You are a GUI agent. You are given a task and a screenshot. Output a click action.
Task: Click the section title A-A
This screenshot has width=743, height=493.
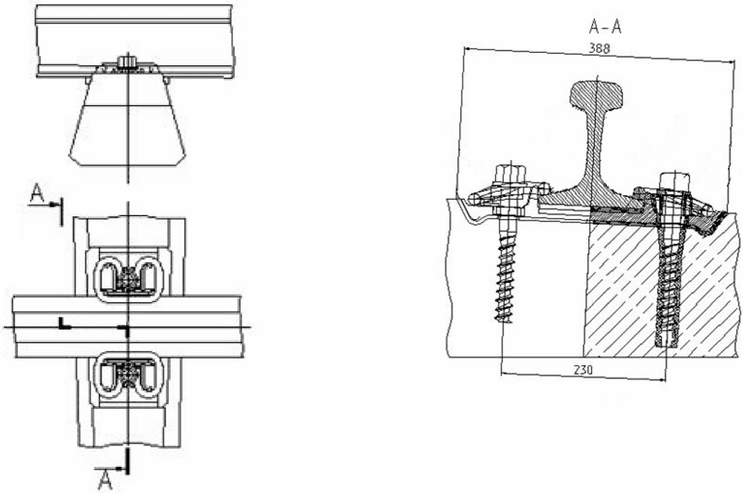[605, 27]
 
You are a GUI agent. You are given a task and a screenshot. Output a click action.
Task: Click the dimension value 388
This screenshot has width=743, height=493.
[599, 48]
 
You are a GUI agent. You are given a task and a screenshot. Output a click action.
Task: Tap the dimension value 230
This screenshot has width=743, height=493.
[583, 370]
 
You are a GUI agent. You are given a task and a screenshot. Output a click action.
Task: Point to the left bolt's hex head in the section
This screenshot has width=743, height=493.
[512, 174]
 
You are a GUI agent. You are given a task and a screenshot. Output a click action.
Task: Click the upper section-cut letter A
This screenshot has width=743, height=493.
[38, 194]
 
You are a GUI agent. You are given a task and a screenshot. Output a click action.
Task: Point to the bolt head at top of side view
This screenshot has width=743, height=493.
[126, 62]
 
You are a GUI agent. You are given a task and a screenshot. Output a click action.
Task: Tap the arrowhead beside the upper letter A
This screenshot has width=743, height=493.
[56, 204]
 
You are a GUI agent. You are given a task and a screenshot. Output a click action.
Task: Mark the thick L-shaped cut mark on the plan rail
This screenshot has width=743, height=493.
[64, 324]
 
